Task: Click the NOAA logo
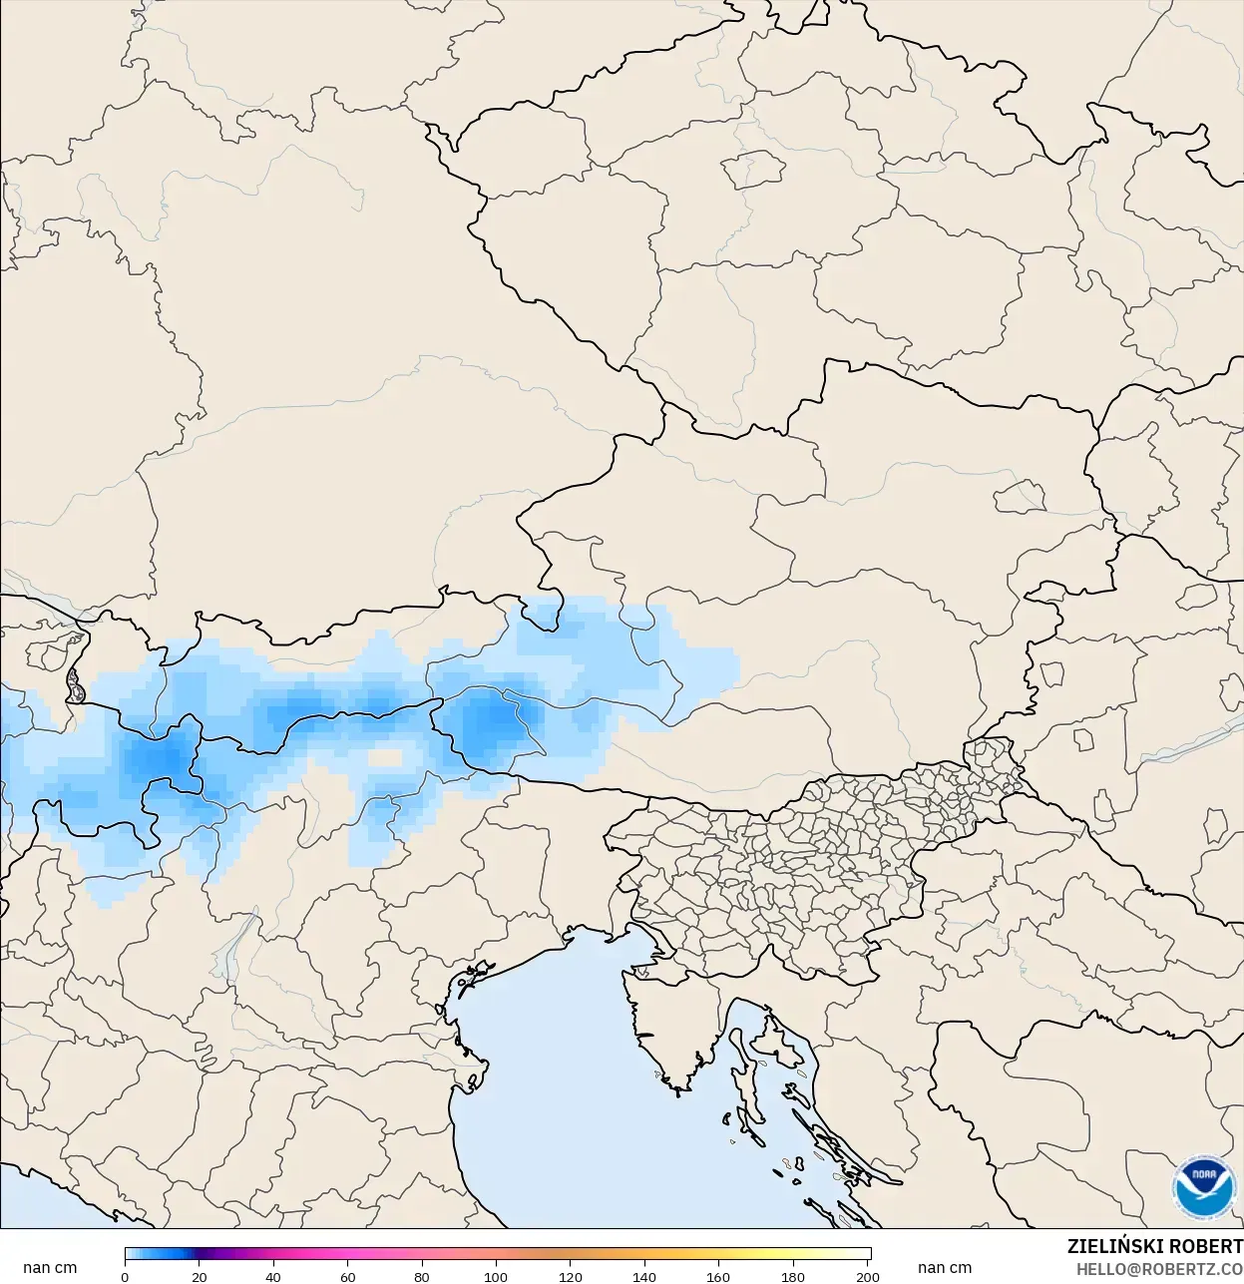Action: click(1203, 1187)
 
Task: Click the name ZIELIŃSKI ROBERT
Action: click(1154, 1247)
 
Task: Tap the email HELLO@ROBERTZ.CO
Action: click(1158, 1269)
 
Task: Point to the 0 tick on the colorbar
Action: click(125, 1276)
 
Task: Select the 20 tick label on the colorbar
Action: click(200, 1276)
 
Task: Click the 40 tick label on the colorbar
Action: click(273, 1276)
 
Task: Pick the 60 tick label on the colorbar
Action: click(348, 1276)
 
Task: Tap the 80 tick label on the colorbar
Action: click(422, 1276)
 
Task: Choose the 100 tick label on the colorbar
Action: click(496, 1276)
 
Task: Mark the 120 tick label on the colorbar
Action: click(571, 1276)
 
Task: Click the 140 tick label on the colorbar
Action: click(644, 1276)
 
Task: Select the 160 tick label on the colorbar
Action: click(718, 1276)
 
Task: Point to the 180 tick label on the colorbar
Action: click(793, 1276)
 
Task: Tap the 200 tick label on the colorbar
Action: click(868, 1276)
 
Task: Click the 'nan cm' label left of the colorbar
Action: click(50, 1268)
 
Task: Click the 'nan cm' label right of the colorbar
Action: click(944, 1268)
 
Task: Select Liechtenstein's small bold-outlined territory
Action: click(75, 685)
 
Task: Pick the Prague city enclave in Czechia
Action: click(754, 170)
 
